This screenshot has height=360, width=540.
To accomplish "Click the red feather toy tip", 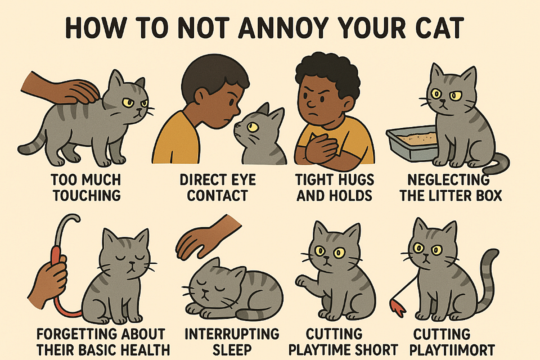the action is click(398, 307).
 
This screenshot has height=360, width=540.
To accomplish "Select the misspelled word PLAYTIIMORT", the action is click(452, 349).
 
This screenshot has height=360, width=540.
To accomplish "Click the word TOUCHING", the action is click(87, 195).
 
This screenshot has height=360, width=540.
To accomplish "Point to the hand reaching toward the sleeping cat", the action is click(206, 238).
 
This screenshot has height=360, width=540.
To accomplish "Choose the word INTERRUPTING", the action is click(232, 334).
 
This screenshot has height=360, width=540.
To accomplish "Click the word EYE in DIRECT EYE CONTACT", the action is click(243, 179).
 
